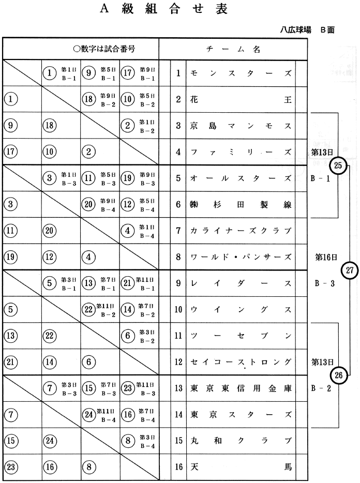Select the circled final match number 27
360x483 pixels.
pos(350,270)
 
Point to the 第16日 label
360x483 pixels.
pos(326,256)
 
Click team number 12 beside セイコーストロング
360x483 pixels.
pos(178,362)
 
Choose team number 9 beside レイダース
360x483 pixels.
pos(178,283)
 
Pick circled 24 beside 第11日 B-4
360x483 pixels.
pos(89,415)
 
